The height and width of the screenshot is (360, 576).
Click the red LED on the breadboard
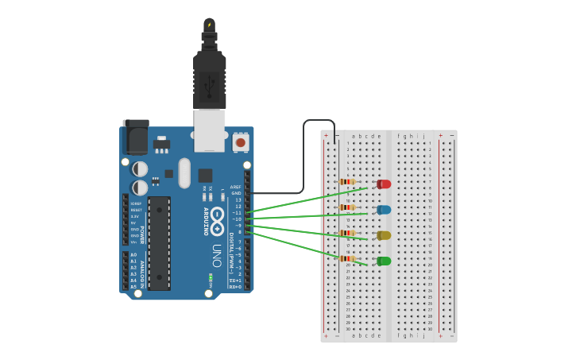(384, 184)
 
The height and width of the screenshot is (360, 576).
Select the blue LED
(384, 210)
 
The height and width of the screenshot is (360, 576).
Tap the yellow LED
(384, 235)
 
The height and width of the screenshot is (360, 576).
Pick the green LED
(384, 261)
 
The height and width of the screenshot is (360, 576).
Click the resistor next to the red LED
(347, 182)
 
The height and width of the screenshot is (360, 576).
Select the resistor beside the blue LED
(347, 207)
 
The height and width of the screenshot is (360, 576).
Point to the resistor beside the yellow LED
(347, 233)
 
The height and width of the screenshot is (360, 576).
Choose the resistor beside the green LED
(347, 258)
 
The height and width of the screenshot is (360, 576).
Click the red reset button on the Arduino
(240, 143)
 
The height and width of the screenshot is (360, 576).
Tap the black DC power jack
(136, 137)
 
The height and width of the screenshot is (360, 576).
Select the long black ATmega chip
(159, 243)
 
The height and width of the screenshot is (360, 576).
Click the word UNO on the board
(216, 254)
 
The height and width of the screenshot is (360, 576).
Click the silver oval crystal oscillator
(185, 172)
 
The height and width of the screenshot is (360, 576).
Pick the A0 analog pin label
(133, 254)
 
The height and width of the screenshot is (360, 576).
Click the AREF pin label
(236, 187)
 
